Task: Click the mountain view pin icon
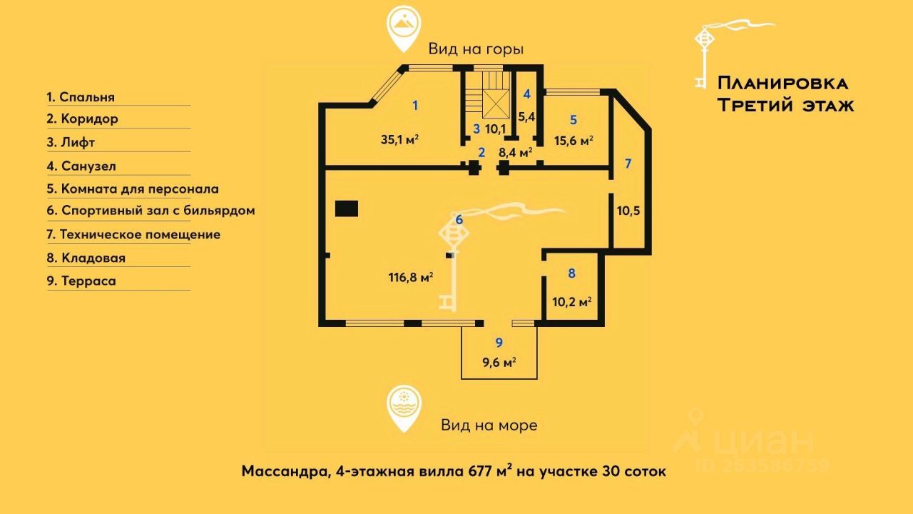tap(404, 29)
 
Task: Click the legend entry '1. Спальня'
tap(81, 97)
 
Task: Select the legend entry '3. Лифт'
tap(71, 142)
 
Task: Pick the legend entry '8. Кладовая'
tap(86, 258)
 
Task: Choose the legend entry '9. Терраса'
tap(81, 281)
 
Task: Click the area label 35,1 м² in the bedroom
tap(400, 139)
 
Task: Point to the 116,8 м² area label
tap(410, 278)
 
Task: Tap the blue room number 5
tap(573, 120)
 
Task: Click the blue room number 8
tap(572, 273)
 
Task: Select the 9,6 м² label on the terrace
tap(499, 362)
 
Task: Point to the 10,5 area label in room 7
tap(628, 211)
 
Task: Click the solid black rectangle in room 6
tap(347, 208)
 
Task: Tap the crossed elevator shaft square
tap(496, 104)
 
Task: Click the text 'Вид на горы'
tap(476, 49)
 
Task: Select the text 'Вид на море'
tap(489, 425)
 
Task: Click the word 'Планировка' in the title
tap(783, 84)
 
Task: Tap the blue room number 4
tap(526, 94)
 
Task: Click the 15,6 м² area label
tap(573, 141)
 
